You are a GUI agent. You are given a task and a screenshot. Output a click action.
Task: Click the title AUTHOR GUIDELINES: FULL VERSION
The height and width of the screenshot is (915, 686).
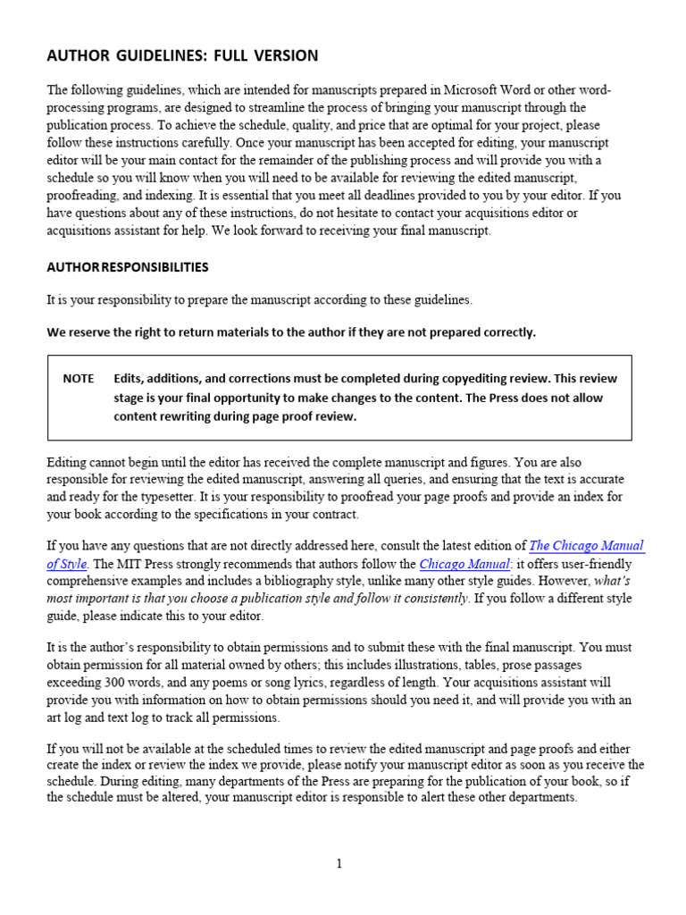point(181,56)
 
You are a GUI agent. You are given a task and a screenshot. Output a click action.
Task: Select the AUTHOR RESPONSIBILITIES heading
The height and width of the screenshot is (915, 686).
point(128,267)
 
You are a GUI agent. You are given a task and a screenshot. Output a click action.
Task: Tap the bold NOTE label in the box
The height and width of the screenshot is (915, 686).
point(79,378)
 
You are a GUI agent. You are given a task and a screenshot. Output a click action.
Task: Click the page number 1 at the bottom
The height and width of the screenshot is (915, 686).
point(339,863)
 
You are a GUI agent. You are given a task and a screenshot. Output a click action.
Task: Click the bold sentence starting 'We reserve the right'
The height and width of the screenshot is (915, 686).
point(291,332)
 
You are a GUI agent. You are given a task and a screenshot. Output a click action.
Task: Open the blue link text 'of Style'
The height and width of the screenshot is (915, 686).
point(67,564)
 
